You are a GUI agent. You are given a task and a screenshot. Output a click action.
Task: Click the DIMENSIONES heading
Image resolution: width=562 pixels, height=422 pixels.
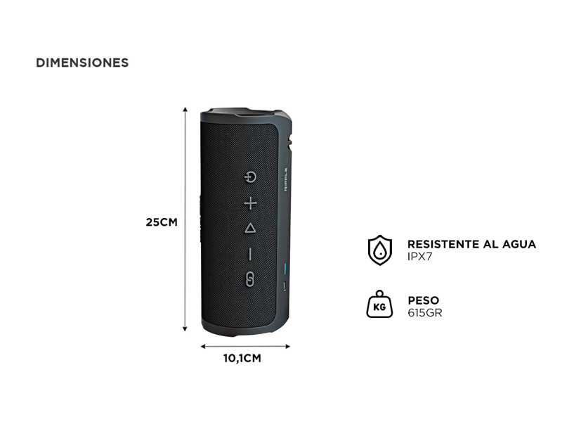pyautogui.click(x=82, y=63)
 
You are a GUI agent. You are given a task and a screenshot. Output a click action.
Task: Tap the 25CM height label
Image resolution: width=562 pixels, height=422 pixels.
pyautogui.click(x=162, y=222)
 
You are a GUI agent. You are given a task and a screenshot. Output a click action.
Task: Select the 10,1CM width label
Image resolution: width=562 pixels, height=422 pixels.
pyautogui.click(x=242, y=358)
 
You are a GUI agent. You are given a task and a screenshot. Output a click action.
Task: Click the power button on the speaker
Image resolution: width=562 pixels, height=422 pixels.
pyautogui.click(x=250, y=177)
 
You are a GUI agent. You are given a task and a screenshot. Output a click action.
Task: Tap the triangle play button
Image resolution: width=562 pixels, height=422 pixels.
pyautogui.click(x=250, y=228)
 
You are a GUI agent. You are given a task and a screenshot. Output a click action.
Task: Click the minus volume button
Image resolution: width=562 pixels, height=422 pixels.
pyautogui.click(x=250, y=254)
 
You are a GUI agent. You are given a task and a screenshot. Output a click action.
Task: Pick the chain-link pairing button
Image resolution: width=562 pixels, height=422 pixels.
pyautogui.click(x=250, y=279)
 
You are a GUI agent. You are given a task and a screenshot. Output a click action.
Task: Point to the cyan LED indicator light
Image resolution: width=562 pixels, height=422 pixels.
pyautogui.click(x=285, y=269)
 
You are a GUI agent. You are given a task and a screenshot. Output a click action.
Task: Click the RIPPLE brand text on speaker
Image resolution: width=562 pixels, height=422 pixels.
pyautogui.click(x=286, y=179)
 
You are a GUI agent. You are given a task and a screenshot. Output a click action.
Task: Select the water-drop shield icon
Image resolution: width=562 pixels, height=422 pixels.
pyautogui.click(x=380, y=250)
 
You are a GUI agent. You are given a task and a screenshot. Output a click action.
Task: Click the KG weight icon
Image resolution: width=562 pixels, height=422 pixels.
pyautogui.click(x=379, y=305)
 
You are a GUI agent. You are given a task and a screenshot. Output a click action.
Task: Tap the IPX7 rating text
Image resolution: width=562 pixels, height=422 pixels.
pyautogui.click(x=419, y=257)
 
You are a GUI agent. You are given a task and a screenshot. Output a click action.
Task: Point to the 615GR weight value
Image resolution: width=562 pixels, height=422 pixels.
pyautogui.click(x=425, y=312)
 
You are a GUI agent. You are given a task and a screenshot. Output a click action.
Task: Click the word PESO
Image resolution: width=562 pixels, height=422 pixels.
pyautogui.click(x=424, y=300)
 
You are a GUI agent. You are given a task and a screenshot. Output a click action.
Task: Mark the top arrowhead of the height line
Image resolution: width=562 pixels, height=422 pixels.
pyautogui.click(x=185, y=109)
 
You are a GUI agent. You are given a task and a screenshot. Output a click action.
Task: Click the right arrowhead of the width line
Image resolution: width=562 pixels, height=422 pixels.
pyautogui.click(x=287, y=346)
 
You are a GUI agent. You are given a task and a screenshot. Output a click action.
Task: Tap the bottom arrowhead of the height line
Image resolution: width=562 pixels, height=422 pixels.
pyautogui.click(x=185, y=328)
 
